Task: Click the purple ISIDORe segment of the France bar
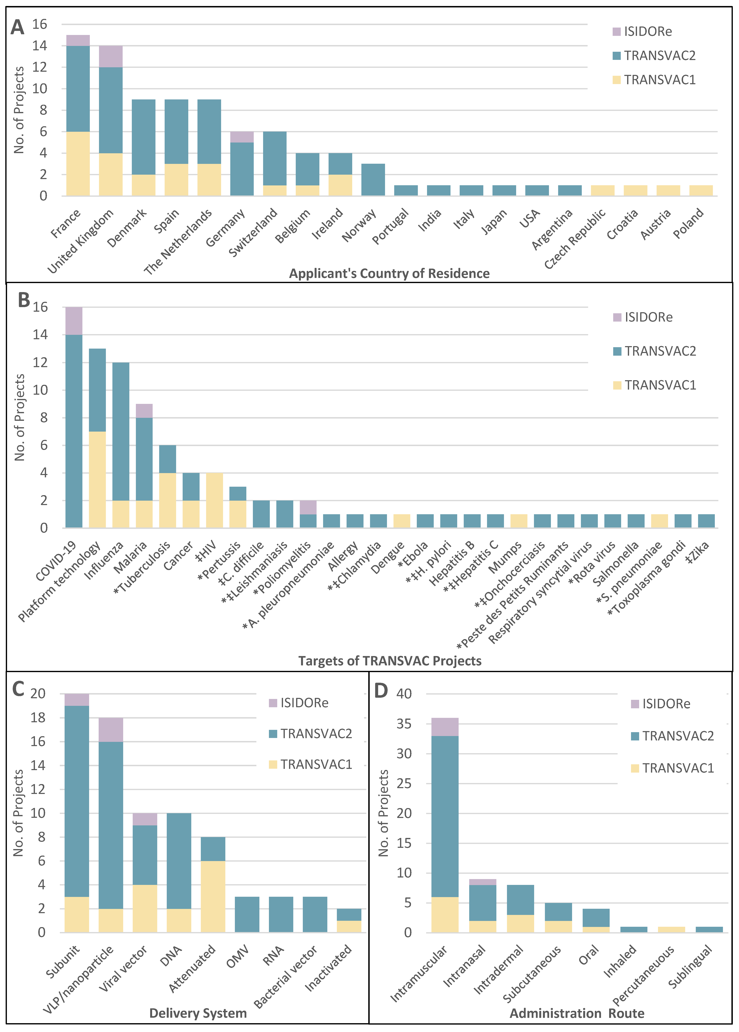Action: point(78,40)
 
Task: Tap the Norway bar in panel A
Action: point(373,180)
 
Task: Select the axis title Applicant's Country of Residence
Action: point(389,274)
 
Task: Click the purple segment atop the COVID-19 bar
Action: point(74,321)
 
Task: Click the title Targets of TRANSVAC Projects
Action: point(390,661)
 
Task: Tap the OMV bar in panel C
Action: point(247,915)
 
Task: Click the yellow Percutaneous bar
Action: point(671,930)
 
